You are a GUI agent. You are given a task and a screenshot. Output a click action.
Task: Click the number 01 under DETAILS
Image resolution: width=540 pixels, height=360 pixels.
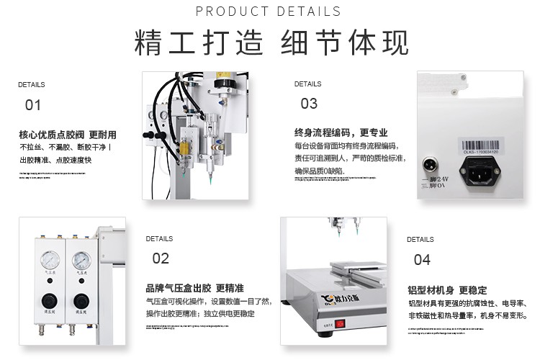pos(33,105)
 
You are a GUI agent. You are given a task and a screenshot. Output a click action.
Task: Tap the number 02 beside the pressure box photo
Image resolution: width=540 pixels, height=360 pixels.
pos(161,258)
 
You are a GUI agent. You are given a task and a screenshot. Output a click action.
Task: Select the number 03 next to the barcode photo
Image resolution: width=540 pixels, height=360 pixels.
pos(309,104)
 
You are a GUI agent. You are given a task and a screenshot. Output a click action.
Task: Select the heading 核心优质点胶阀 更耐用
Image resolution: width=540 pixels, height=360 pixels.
pos(68,135)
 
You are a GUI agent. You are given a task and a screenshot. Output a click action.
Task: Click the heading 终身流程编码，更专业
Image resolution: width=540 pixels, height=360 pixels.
pos(341,132)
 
